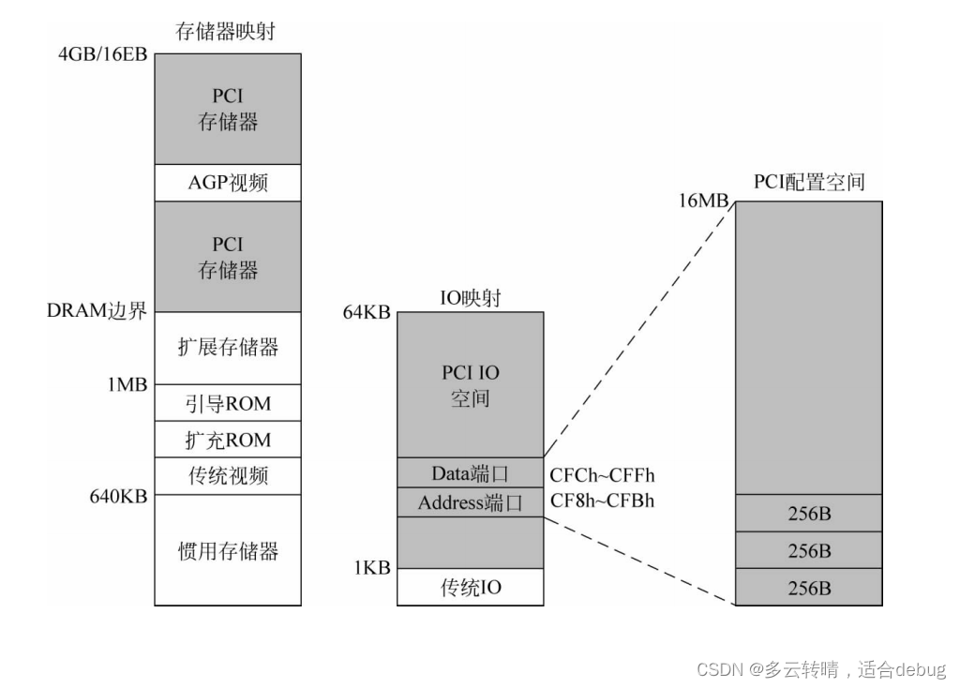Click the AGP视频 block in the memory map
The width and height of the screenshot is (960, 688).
(x=228, y=183)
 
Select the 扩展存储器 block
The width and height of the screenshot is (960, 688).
(x=228, y=348)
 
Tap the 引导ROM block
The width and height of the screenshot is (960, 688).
(x=228, y=403)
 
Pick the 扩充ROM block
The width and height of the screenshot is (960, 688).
(x=228, y=440)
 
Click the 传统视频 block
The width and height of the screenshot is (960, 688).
(x=228, y=476)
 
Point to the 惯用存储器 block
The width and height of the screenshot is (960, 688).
(x=228, y=550)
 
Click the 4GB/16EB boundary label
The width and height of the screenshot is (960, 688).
(x=102, y=53)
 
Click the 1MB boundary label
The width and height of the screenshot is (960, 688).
(x=126, y=385)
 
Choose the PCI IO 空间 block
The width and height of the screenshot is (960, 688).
(x=471, y=385)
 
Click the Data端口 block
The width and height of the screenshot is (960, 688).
(x=471, y=472)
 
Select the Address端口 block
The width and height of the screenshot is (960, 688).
(x=471, y=502)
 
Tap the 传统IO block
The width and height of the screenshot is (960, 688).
(x=471, y=588)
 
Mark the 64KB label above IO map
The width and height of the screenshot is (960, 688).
(x=367, y=312)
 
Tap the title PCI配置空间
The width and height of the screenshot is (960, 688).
(x=808, y=182)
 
